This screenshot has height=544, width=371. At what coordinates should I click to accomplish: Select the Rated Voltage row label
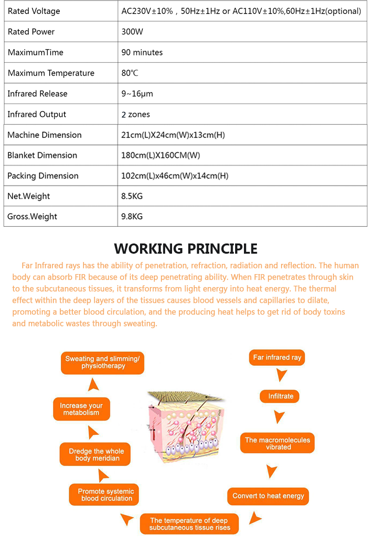(x=34, y=11)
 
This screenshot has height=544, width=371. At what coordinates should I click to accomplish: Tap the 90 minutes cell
(x=142, y=52)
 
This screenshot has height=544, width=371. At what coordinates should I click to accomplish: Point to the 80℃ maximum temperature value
(x=130, y=73)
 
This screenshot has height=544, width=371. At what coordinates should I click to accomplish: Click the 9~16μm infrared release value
(x=137, y=94)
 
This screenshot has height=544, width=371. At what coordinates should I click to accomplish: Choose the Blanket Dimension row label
(x=42, y=155)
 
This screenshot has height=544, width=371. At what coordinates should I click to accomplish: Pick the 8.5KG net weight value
(x=132, y=196)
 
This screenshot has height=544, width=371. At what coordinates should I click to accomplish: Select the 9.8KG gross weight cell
(x=132, y=217)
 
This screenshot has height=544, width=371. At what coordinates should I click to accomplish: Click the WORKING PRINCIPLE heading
(x=185, y=249)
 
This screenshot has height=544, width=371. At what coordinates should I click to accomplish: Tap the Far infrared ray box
(x=277, y=358)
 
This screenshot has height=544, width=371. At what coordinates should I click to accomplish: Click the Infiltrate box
(x=281, y=396)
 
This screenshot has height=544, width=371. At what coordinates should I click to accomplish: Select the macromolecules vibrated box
(x=277, y=443)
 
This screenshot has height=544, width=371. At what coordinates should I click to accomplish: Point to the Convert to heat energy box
(x=268, y=496)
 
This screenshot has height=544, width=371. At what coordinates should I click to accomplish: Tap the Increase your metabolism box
(x=81, y=409)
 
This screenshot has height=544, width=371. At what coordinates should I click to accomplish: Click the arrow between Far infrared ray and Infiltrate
(x=281, y=375)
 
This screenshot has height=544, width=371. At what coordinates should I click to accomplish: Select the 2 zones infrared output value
(x=135, y=114)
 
